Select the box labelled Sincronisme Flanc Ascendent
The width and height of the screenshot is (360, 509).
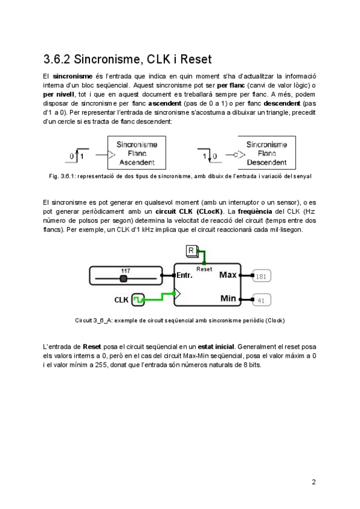137,153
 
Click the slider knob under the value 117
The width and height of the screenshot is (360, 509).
124,279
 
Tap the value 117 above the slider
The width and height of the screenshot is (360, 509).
125,271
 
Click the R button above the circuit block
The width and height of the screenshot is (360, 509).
191,250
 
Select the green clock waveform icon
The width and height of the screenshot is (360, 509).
138,298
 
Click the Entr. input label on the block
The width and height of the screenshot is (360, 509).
184,276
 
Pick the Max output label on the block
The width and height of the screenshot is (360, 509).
228,275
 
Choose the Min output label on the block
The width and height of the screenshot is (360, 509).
228,298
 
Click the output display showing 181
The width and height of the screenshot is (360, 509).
261,277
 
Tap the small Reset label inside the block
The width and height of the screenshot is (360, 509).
204,269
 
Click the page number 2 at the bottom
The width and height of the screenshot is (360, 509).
313,481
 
